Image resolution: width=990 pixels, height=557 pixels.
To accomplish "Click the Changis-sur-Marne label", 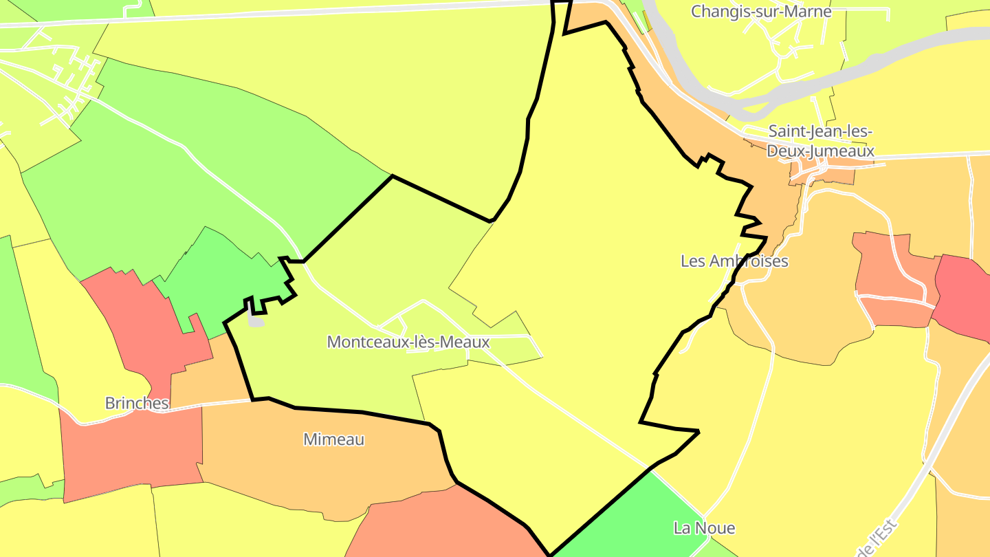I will tap(761, 12).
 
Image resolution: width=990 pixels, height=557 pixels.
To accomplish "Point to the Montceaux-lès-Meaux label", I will tap(408, 342).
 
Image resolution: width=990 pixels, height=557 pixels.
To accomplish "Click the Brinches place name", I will tap(137, 403).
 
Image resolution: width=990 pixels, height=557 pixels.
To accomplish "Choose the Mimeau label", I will tap(334, 439).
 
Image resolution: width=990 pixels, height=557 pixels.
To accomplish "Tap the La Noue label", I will tap(704, 528).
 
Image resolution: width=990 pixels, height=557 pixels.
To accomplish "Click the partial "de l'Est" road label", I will tap(878, 540).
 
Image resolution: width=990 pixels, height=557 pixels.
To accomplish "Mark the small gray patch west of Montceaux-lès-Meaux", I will tap(256, 321).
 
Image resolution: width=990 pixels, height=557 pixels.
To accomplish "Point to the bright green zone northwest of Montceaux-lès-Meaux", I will tap(220, 282).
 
